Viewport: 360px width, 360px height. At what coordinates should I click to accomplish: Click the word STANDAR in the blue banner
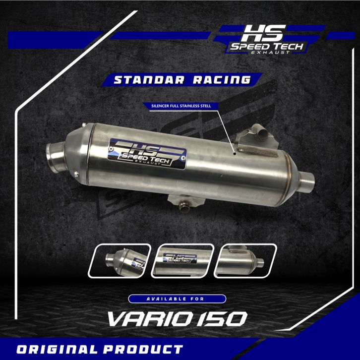(x=149, y=80)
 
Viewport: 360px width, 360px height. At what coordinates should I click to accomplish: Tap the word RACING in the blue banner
(x=222, y=80)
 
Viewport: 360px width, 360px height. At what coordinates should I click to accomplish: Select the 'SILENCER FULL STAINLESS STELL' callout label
(x=181, y=106)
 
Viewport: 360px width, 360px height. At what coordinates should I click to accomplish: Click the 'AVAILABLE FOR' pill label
(x=177, y=299)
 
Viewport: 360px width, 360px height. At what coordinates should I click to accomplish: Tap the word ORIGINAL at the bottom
(x=58, y=349)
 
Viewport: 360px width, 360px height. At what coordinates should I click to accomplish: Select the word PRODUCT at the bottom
(x=143, y=349)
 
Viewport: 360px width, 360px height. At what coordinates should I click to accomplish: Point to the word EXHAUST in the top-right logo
(x=270, y=53)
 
